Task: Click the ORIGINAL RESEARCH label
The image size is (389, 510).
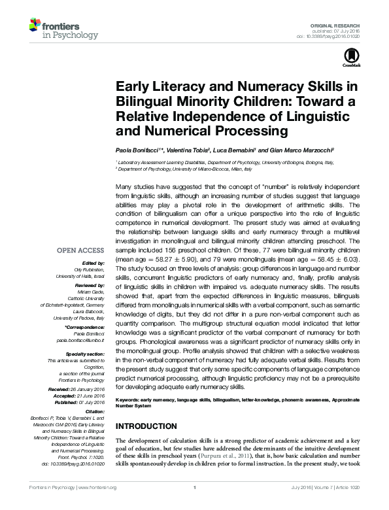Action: pos(341,24)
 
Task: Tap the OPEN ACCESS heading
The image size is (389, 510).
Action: pos(80,250)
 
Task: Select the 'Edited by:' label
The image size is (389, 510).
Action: pos(92,263)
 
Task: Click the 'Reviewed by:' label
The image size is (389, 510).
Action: pos(88,286)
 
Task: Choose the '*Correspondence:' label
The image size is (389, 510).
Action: pos(85,326)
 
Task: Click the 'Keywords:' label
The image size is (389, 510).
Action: pos(129,399)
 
